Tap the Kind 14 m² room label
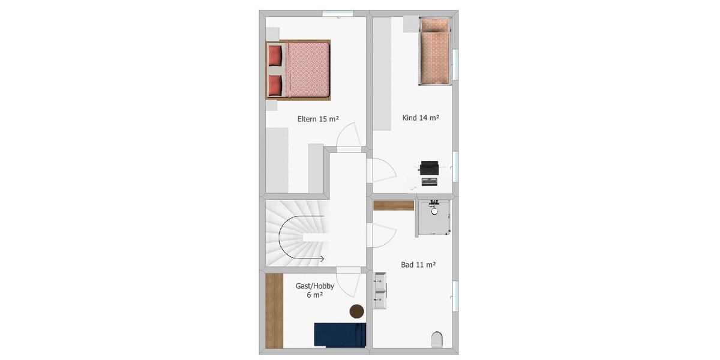tap(420, 118)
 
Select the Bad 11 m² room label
tap(418, 264)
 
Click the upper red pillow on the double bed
tap(275, 56)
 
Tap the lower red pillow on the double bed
tap(275, 85)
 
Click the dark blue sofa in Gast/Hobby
tap(340, 335)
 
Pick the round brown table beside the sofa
tap(357, 311)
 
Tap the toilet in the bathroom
tap(437, 340)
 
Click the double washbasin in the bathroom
tap(380, 290)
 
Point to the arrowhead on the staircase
tap(322, 259)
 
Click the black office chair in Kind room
tap(430, 167)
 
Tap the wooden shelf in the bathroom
tap(394, 205)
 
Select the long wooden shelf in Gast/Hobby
tap(274, 310)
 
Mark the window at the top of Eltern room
tap(337, 13)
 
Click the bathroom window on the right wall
tap(455, 296)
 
